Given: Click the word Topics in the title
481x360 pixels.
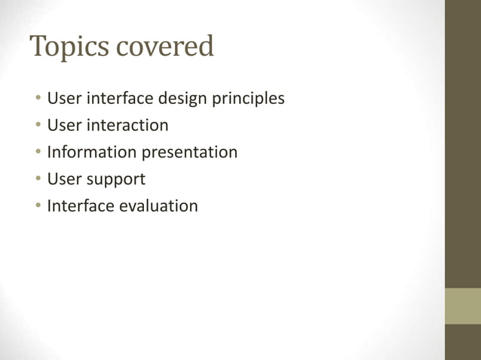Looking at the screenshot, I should (71, 48).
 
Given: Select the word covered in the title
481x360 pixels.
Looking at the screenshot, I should (166, 47).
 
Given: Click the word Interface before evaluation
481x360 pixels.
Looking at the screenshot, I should (80, 206).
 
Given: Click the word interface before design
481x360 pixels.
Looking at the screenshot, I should (116, 98).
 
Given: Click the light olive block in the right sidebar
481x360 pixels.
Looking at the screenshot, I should (462, 306).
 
